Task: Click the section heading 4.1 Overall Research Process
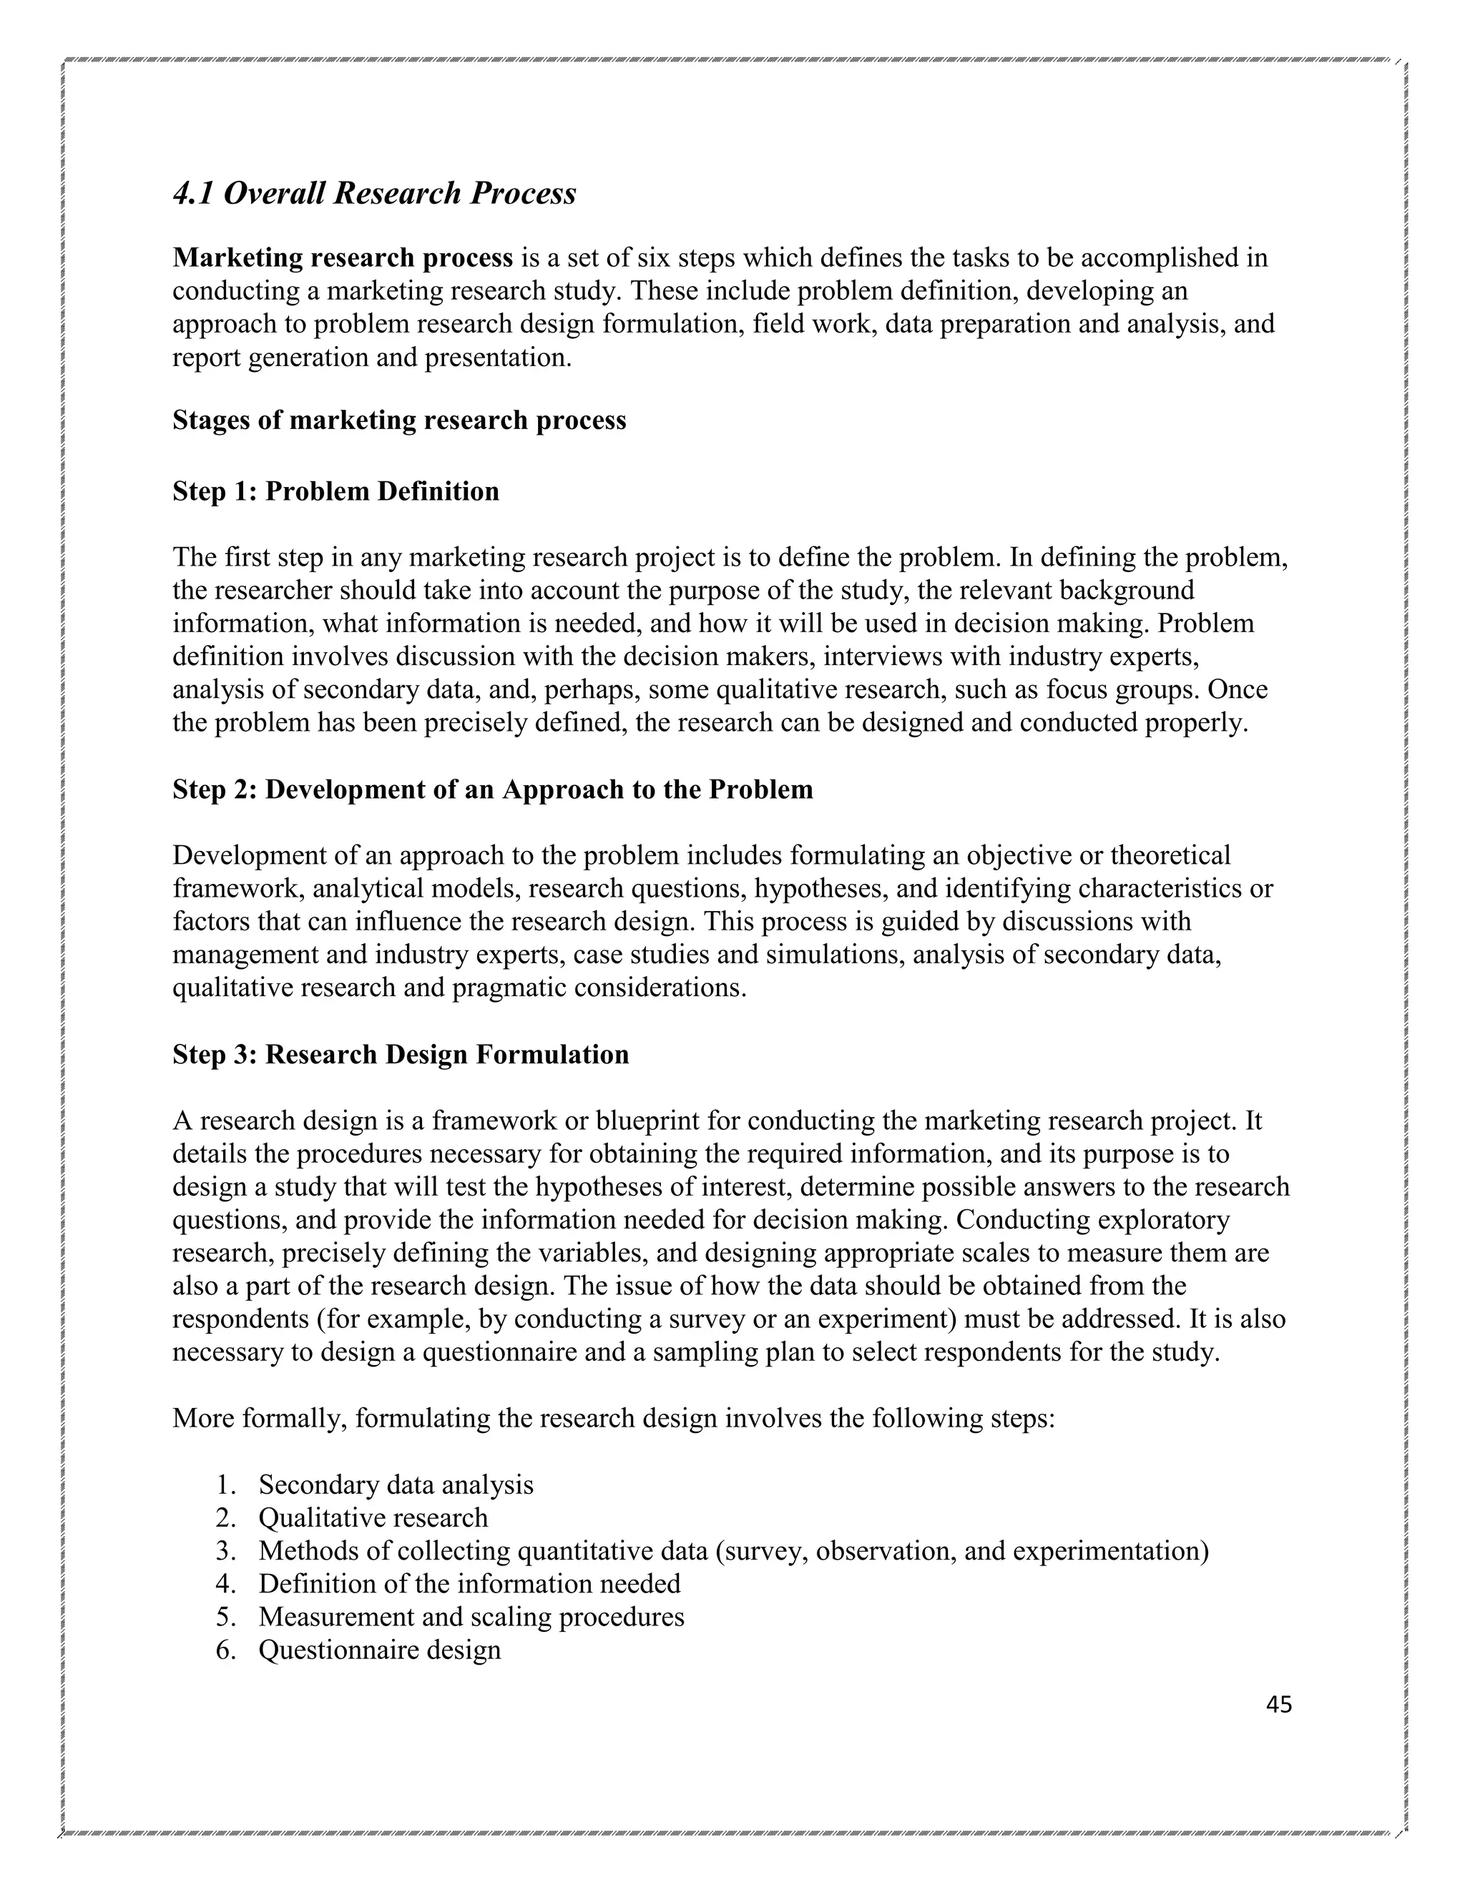click(374, 192)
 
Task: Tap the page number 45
click(1278, 1705)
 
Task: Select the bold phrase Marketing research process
click(343, 257)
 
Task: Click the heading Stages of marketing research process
click(399, 420)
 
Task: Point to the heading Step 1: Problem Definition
click(336, 491)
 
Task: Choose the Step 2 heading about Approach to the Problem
click(493, 789)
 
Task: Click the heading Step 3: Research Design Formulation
click(401, 1054)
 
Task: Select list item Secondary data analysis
click(396, 1485)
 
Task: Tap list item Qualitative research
click(373, 1517)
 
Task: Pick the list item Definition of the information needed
click(469, 1583)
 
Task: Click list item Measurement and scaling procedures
click(471, 1617)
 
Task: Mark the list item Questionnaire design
click(379, 1650)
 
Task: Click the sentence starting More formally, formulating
click(614, 1419)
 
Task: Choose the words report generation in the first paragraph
click(272, 358)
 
